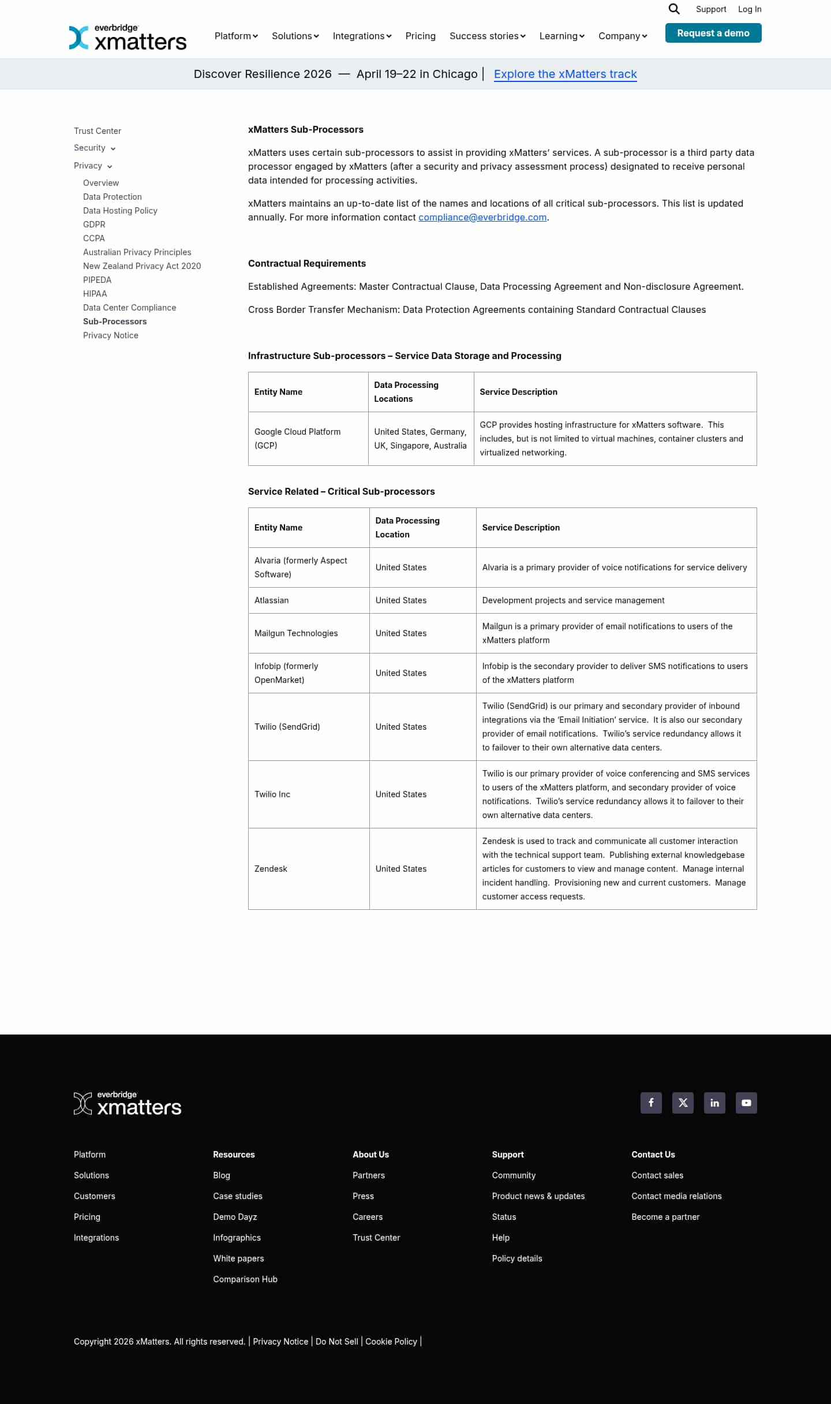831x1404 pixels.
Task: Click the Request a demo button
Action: [713, 33]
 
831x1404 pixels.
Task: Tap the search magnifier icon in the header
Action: [673, 9]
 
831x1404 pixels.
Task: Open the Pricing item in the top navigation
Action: [420, 36]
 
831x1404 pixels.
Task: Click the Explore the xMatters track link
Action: [565, 74]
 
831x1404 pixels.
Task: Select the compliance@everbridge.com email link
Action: [482, 217]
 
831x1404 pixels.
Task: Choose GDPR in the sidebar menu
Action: [94, 225]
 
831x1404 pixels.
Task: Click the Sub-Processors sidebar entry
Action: [115, 322]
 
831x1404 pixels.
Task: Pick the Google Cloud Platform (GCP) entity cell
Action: [298, 439]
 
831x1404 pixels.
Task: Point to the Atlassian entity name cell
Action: [272, 600]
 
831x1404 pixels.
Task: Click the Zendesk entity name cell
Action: [271, 869]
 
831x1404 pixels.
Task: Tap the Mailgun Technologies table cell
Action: [296, 633]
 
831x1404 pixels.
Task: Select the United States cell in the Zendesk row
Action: [401, 869]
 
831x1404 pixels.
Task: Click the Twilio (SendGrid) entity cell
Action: [287, 727]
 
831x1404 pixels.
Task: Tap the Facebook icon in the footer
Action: [651, 1103]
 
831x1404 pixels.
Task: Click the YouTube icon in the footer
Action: [746, 1103]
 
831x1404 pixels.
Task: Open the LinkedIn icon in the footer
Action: [714, 1103]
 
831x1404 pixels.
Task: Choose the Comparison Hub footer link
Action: [245, 1279]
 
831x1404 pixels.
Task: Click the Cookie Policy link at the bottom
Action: [391, 1342]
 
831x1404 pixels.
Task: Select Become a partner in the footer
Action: [665, 1217]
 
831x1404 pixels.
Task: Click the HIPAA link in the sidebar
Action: [95, 294]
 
